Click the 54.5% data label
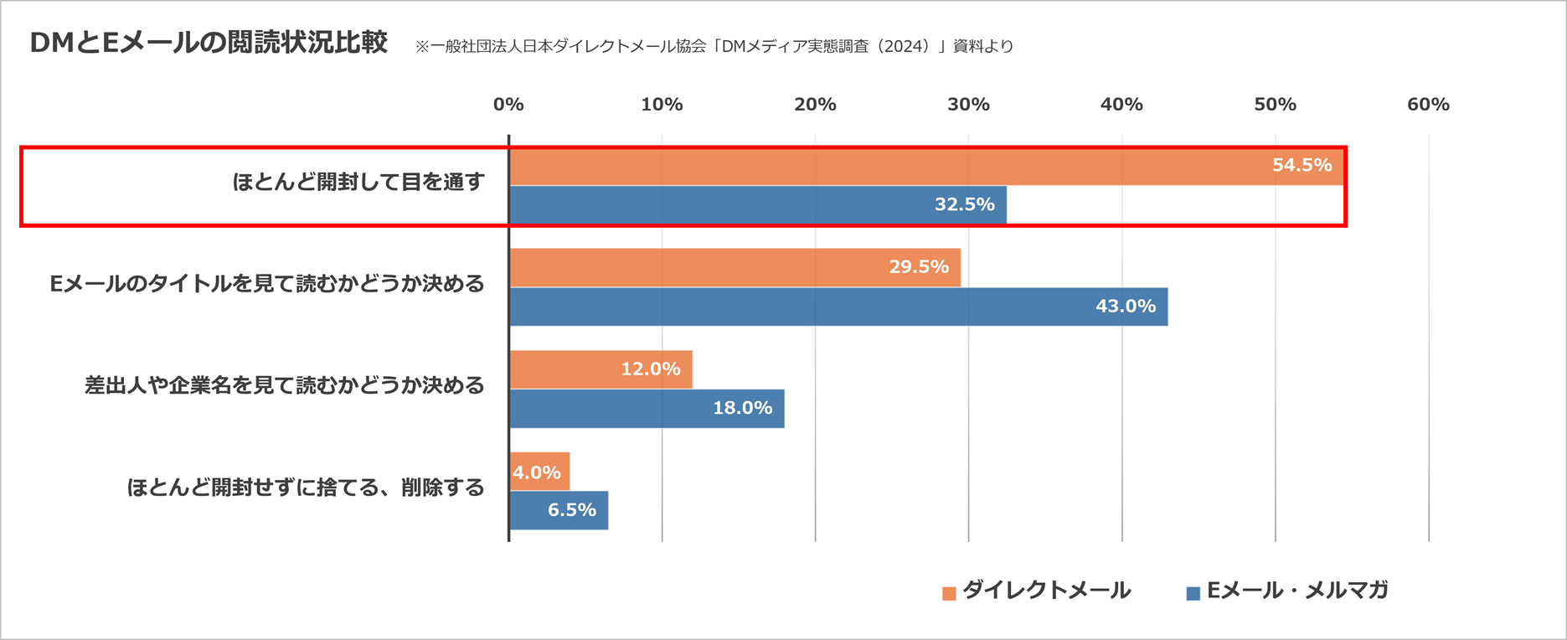pyautogui.click(x=1302, y=165)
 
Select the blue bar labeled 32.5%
pyautogui.click(x=757, y=205)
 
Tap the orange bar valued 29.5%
pyautogui.click(x=735, y=267)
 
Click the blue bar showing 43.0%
pyautogui.click(x=838, y=307)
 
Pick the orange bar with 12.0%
pyautogui.click(x=601, y=369)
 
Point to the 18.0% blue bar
pyautogui.click(x=647, y=409)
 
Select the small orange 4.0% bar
pyautogui.click(x=539, y=472)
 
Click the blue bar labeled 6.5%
pyautogui.click(x=559, y=510)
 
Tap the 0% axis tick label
pyautogui.click(x=508, y=105)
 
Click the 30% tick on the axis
pyautogui.click(x=968, y=105)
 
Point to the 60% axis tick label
pyautogui.click(x=1428, y=105)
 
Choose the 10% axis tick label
pyautogui.click(x=662, y=105)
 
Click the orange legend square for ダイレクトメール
pyautogui.click(x=949, y=593)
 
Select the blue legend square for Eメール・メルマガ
pyautogui.click(x=1193, y=593)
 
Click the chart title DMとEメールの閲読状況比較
pyautogui.click(x=209, y=43)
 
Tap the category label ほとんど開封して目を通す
pyautogui.click(x=358, y=182)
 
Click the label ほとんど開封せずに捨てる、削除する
pyautogui.click(x=306, y=488)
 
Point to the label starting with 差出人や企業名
pyautogui.click(x=285, y=385)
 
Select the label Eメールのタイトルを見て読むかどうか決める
pyautogui.click(x=267, y=284)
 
